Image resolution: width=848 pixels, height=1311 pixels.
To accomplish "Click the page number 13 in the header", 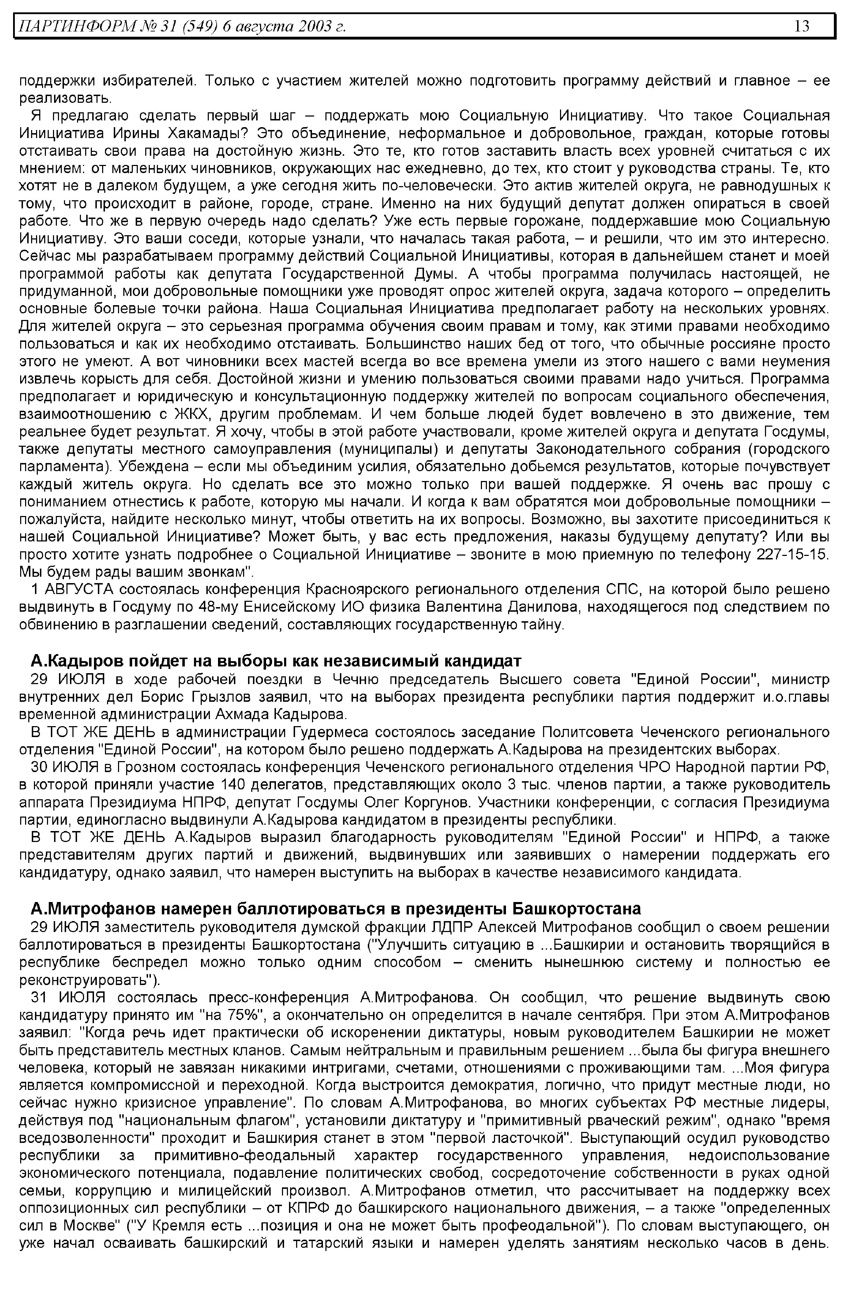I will coord(802,26).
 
